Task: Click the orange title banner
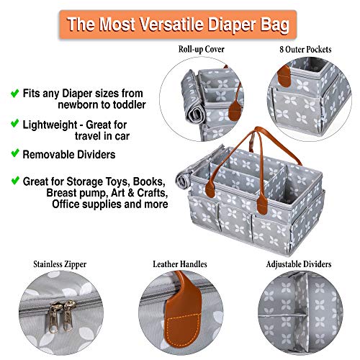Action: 179,23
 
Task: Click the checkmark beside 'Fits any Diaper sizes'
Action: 14,93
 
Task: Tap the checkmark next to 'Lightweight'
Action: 14,124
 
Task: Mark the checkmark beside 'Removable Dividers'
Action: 14,154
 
